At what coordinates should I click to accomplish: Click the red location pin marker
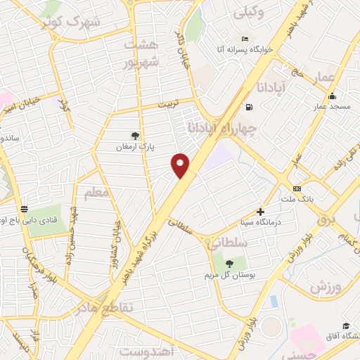click(x=181, y=165)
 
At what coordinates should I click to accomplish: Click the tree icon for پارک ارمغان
click(x=136, y=136)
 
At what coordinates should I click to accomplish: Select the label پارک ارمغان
click(x=136, y=148)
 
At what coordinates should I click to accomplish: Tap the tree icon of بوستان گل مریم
click(x=229, y=262)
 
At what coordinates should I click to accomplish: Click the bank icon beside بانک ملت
click(x=297, y=188)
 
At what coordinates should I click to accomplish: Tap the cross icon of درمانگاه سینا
click(x=260, y=211)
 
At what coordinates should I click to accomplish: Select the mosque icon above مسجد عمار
click(x=333, y=96)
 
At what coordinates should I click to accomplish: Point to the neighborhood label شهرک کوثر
click(x=72, y=20)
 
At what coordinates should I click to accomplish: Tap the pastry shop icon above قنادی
click(x=24, y=209)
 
